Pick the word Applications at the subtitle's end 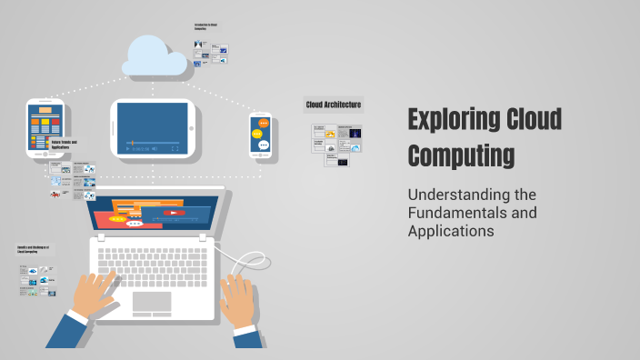click(x=450, y=231)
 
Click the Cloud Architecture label click(x=333, y=105)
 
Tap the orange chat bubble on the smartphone click(x=264, y=122)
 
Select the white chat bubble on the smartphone click(x=264, y=144)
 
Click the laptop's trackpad click(x=152, y=302)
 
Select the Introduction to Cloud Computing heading click(x=207, y=27)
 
